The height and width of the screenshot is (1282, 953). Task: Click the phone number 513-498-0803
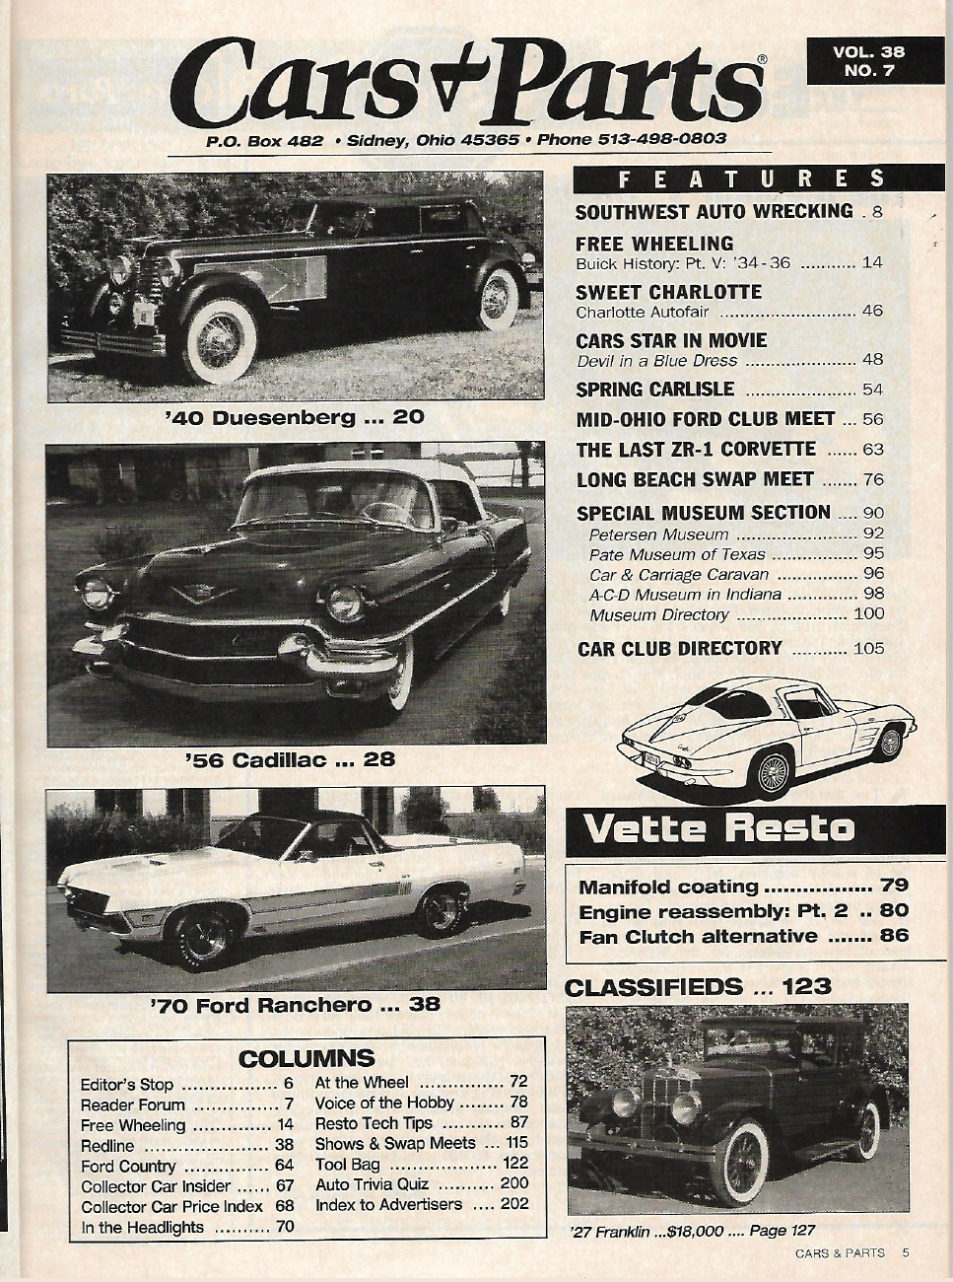coord(662,139)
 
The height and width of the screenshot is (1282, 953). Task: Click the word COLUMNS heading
coord(306,1059)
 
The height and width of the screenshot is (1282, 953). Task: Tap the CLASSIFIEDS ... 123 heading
coord(698,986)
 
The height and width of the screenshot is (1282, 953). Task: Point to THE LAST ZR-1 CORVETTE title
coord(696,450)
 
